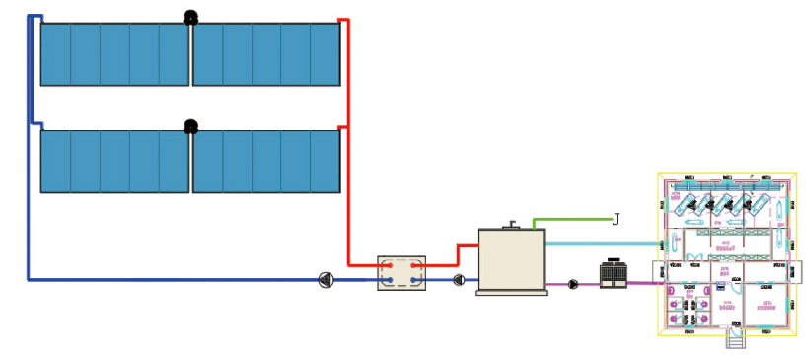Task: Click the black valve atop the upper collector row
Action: (x=190, y=17)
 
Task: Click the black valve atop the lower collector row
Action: (x=190, y=126)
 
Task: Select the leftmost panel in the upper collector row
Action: (x=55, y=54)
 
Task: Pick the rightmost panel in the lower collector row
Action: (x=326, y=162)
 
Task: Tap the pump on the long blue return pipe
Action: (x=327, y=279)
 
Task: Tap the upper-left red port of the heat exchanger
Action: (x=390, y=265)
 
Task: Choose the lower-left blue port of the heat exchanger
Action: (x=390, y=281)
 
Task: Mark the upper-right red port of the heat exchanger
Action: (x=415, y=265)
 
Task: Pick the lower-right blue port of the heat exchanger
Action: (x=415, y=281)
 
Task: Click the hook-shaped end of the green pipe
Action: (x=616, y=219)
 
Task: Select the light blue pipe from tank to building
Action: (x=602, y=243)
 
